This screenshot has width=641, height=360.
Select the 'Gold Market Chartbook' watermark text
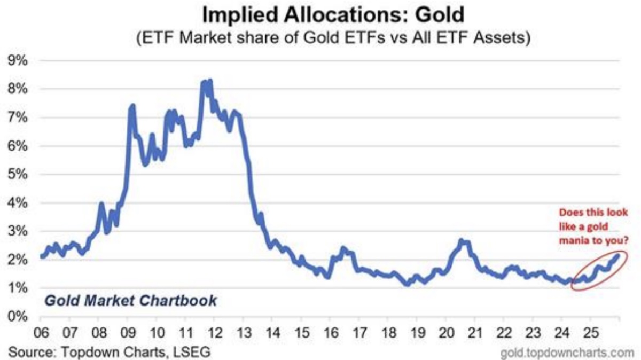130,300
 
